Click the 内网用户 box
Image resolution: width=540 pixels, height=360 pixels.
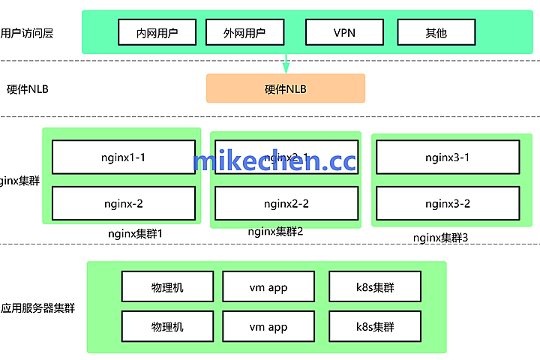pos(157,32)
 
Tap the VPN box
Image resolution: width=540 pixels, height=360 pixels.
pos(344,32)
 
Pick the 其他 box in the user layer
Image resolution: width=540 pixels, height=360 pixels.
pos(436,32)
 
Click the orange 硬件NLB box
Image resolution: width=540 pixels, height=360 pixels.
pos(286,88)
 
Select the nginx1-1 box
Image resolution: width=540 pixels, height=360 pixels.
pos(123,157)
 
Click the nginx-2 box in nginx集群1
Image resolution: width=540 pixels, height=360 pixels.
pos(123,203)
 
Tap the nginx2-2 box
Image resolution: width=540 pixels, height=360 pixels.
pos(286,203)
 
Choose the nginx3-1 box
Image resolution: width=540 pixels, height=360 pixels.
pos(447,157)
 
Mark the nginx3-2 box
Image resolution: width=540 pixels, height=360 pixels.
pos(447,203)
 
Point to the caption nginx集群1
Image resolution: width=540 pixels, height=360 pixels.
pos(136,233)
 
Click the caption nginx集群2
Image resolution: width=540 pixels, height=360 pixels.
pos(275,232)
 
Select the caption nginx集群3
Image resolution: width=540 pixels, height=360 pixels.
pos(440,238)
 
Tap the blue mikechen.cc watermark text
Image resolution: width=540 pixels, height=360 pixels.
pos(274,161)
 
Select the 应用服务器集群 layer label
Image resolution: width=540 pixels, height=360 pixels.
pos(37,307)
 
